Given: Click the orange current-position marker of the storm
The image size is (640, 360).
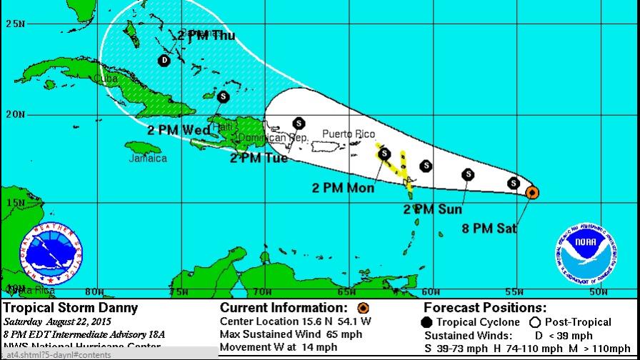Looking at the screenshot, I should [532, 192].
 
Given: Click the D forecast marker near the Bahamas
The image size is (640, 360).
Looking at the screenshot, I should [165, 61].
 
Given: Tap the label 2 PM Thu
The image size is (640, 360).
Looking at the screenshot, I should [206, 35].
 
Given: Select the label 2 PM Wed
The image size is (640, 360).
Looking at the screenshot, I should [179, 130].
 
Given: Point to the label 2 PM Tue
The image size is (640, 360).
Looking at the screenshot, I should [259, 158].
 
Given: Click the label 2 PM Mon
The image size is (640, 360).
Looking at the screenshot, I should [343, 188].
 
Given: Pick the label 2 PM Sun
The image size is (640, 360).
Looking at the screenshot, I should [433, 209].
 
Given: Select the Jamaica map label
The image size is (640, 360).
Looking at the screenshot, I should [148, 159].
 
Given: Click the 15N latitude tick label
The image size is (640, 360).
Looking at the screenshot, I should [15, 203].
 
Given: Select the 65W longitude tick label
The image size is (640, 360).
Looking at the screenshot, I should [347, 291].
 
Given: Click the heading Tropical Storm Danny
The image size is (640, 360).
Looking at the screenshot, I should [71, 309].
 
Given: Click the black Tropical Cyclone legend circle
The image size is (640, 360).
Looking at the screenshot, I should [427, 322].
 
